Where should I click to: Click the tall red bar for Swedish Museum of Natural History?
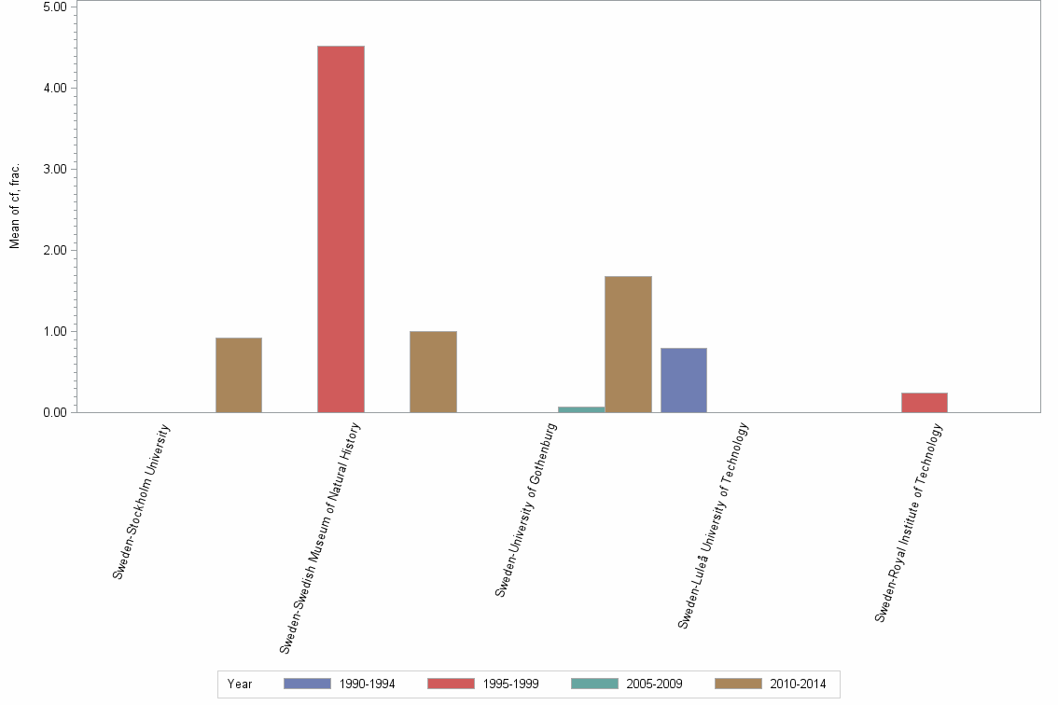click(x=341, y=228)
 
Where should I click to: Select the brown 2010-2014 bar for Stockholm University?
click(x=239, y=375)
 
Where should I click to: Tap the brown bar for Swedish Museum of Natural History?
click(x=433, y=371)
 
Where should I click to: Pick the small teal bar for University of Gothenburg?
click(x=581, y=409)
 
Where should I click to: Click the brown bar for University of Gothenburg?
click(x=628, y=344)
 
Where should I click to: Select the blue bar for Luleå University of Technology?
click(x=684, y=380)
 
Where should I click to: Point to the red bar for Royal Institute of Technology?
click(x=925, y=402)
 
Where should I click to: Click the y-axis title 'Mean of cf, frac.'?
click(x=15, y=205)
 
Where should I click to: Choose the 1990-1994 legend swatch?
click(x=307, y=684)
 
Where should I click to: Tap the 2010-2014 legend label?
click(x=798, y=684)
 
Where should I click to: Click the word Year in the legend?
click(x=240, y=684)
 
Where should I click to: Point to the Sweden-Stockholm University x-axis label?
click(x=143, y=501)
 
